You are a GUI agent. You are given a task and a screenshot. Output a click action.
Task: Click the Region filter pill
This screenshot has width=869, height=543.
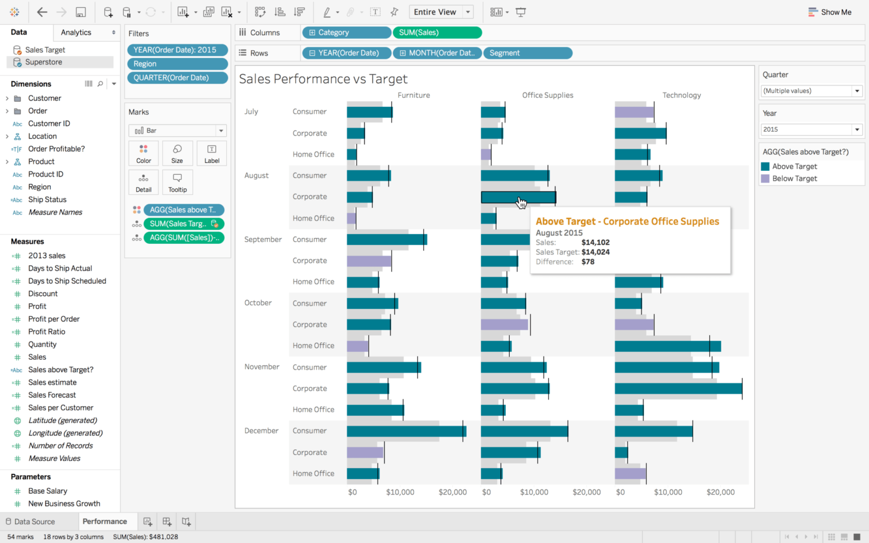click(177, 64)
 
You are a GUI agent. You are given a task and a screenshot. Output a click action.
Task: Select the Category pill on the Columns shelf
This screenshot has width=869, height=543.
click(346, 33)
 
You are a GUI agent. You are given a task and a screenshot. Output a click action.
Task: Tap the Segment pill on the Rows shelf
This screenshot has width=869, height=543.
click(527, 53)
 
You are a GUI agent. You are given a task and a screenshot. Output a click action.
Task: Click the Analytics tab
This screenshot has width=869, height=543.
click(76, 33)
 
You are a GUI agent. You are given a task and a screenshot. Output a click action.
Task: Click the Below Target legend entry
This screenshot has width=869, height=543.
click(794, 179)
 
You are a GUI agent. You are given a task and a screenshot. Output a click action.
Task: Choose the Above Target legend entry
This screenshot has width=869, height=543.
click(794, 166)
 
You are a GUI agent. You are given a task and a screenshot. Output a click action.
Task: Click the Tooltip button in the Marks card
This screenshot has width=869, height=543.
click(177, 183)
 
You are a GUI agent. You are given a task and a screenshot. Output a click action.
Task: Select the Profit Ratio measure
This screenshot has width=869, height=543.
click(46, 332)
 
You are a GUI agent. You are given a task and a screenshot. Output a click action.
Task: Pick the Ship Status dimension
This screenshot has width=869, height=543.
click(47, 200)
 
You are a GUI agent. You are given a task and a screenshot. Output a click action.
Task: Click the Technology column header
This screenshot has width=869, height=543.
click(681, 95)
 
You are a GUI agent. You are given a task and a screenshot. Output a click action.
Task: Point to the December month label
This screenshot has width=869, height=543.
click(261, 431)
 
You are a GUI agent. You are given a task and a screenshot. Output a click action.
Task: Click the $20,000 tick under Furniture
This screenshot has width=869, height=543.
click(453, 492)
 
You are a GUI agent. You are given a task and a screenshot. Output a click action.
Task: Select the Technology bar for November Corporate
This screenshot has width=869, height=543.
click(678, 389)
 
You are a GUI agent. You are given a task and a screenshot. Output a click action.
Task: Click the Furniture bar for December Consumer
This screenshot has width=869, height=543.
click(406, 431)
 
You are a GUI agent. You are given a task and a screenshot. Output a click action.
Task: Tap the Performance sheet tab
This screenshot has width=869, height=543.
click(105, 522)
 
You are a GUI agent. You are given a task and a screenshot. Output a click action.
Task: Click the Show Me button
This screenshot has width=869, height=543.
click(830, 12)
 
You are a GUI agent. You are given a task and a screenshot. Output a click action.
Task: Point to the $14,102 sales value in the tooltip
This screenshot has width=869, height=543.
click(595, 243)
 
